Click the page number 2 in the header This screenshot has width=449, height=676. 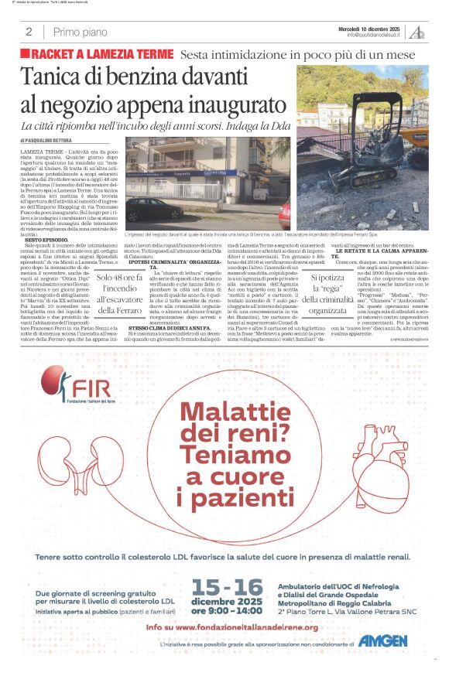tap(29, 32)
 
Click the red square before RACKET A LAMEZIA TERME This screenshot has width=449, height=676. tap(26, 54)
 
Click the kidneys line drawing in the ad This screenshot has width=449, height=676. tap(93, 464)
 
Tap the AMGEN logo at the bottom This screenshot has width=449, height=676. tap(382, 640)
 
